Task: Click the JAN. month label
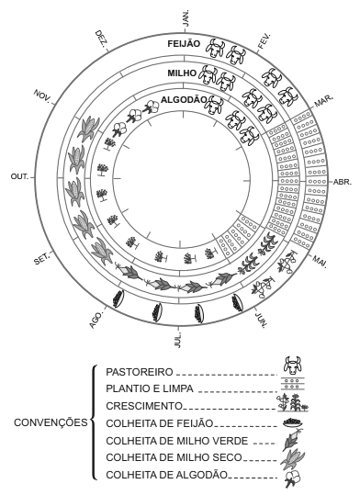(x=186, y=18)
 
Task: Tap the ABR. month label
(x=343, y=182)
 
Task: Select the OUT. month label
(x=19, y=176)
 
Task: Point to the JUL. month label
(x=178, y=340)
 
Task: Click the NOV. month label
(x=42, y=96)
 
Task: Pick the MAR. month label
(x=323, y=101)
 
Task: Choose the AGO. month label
(x=96, y=321)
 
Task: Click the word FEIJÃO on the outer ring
(x=184, y=43)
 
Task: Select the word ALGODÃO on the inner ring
(x=184, y=100)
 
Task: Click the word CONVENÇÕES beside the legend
(x=51, y=422)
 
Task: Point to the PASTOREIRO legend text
(x=140, y=372)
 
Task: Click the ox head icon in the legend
(x=293, y=366)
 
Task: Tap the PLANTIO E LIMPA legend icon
(x=293, y=383)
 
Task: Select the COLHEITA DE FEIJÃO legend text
(x=160, y=423)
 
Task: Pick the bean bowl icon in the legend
(x=293, y=422)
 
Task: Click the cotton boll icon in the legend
(x=293, y=479)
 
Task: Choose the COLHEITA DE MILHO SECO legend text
(x=174, y=457)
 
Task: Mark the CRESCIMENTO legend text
(x=144, y=406)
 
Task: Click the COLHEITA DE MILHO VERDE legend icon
(x=292, y=439)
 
